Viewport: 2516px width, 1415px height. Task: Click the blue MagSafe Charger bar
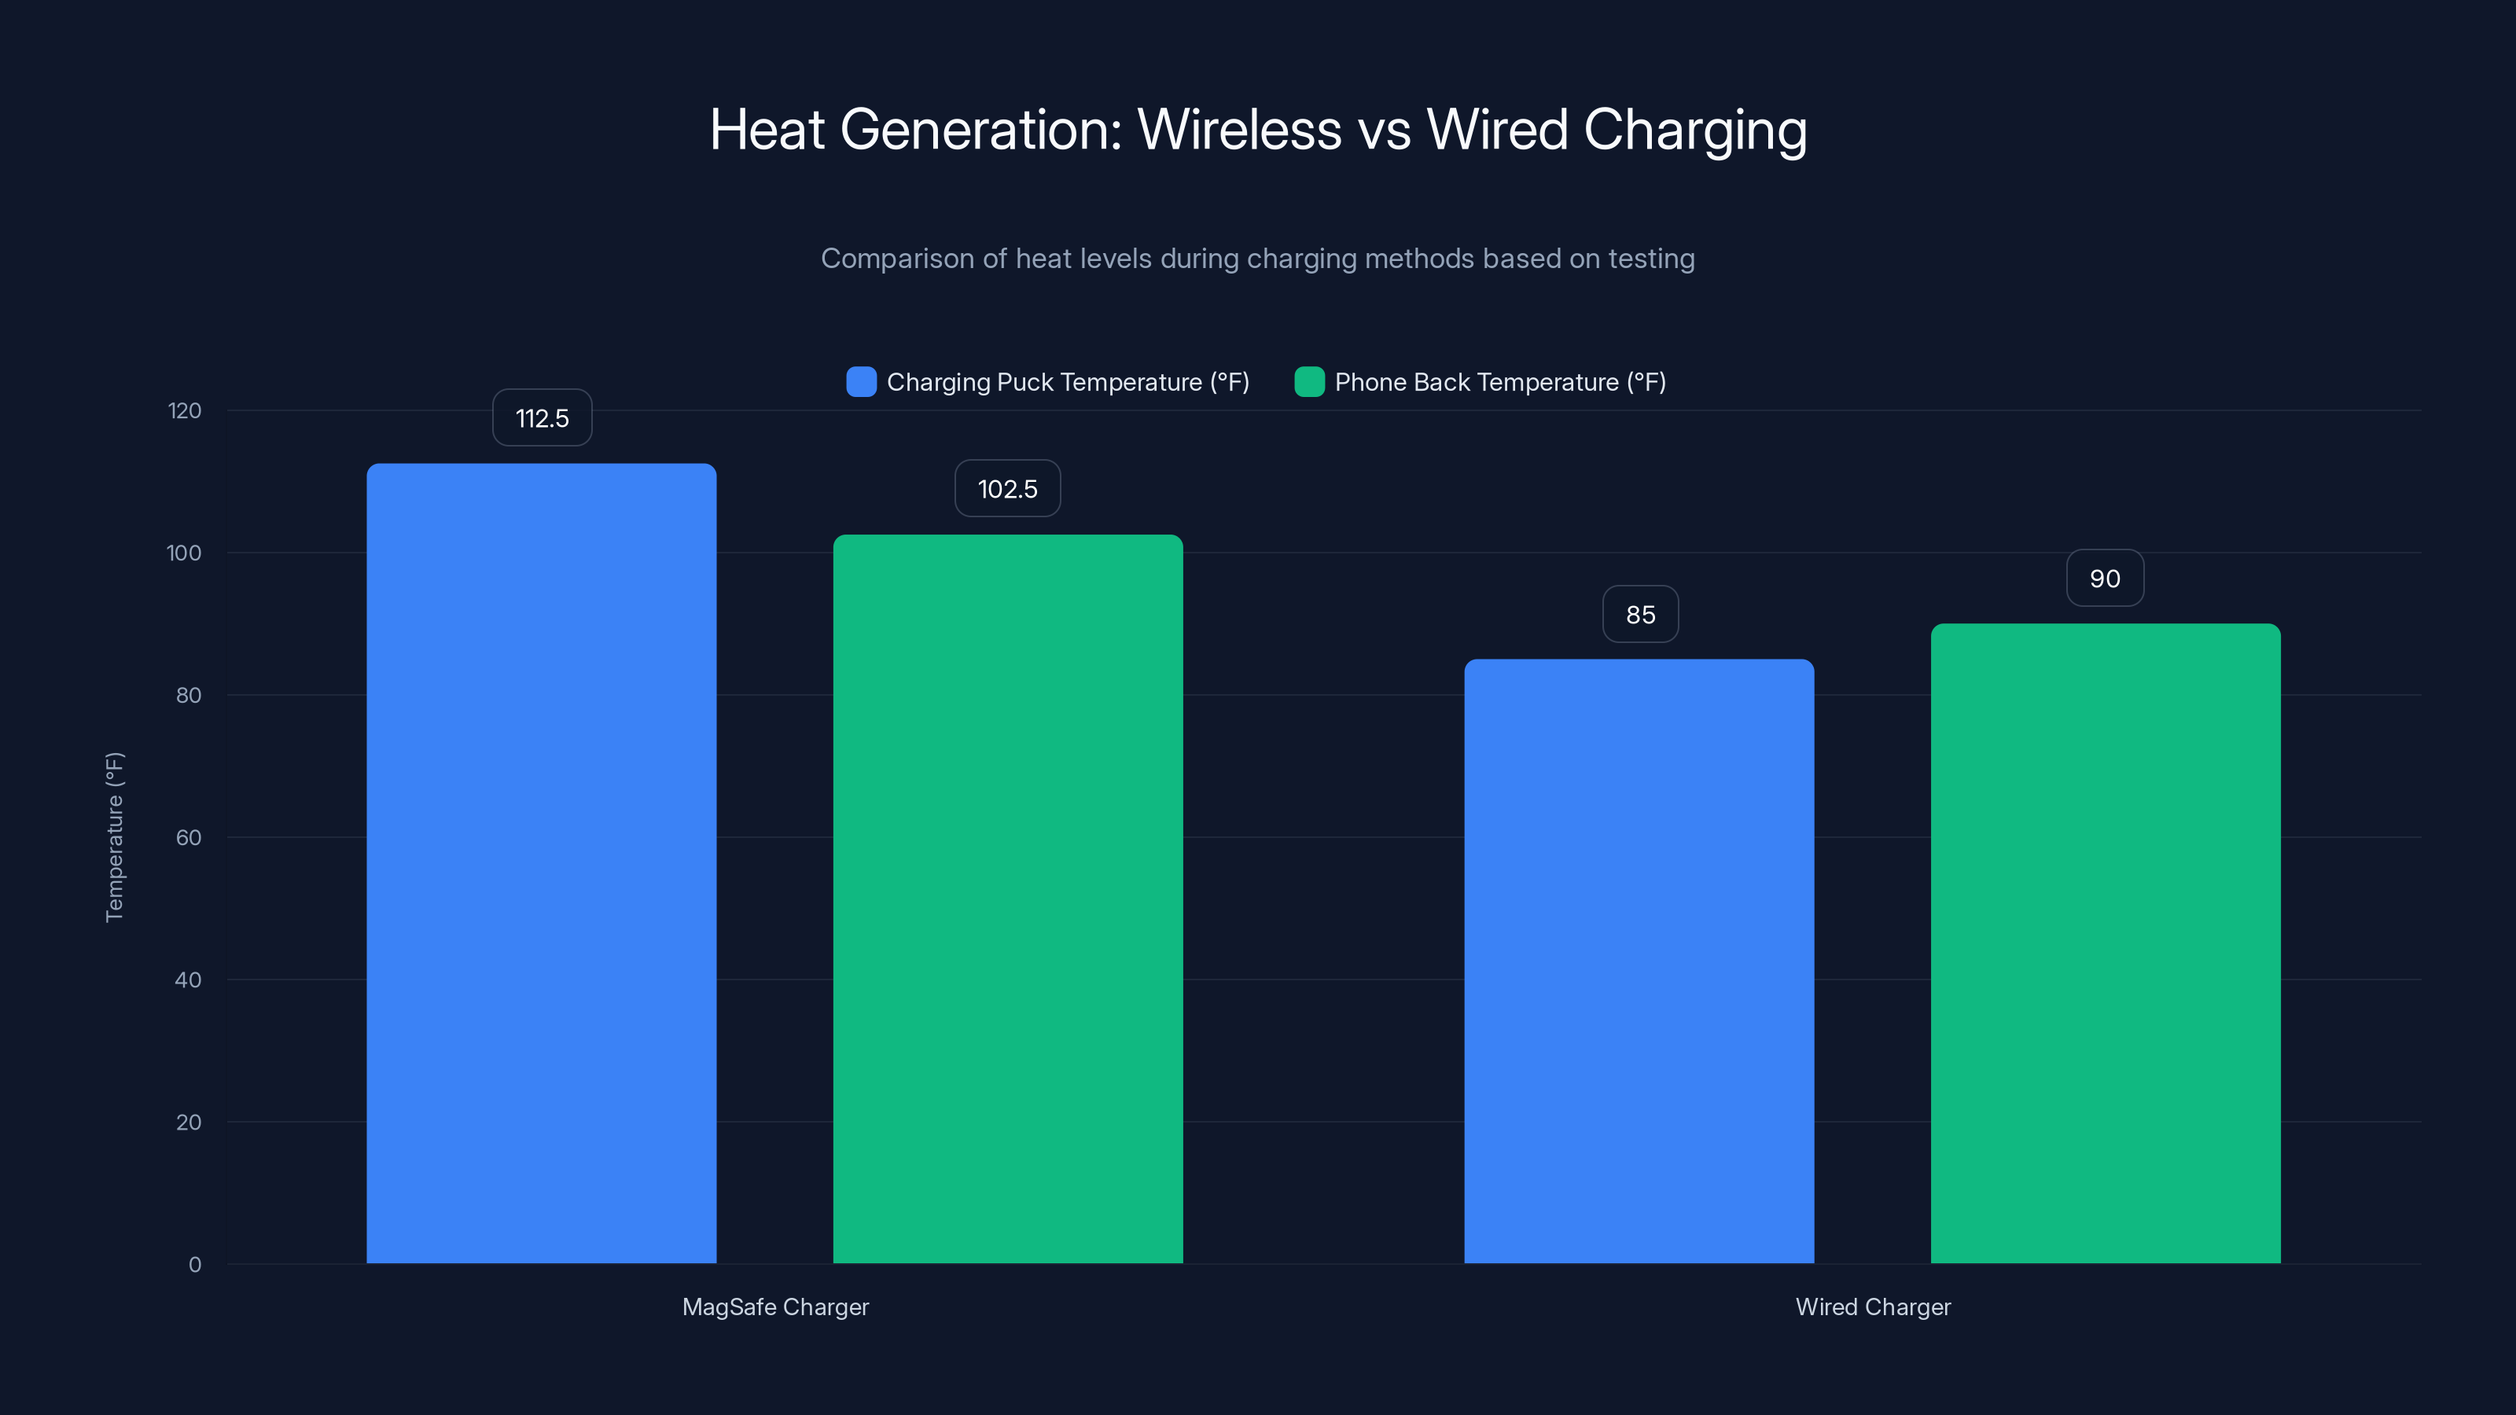541,863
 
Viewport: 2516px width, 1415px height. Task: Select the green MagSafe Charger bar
1007,899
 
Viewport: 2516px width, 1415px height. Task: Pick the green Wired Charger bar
2105,943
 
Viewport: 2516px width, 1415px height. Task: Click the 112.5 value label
542,418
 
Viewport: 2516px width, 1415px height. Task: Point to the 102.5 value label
1007,488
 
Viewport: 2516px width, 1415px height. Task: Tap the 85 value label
1640,614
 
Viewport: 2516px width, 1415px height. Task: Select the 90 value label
2105,578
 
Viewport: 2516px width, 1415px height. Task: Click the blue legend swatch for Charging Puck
860,382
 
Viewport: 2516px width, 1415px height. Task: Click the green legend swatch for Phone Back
1309,382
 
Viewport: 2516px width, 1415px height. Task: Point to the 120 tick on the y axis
185,411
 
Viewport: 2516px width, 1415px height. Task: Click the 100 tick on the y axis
185,553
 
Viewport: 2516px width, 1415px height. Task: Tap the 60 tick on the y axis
189,838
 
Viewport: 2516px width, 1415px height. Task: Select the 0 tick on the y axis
195,1265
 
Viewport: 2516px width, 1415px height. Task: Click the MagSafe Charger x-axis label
775,1307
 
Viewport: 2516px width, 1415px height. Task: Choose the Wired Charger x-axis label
1872,1307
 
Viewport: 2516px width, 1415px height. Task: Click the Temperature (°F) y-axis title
114,837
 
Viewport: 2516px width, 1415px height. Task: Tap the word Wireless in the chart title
1239,130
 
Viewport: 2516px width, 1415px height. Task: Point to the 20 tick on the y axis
189,1122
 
